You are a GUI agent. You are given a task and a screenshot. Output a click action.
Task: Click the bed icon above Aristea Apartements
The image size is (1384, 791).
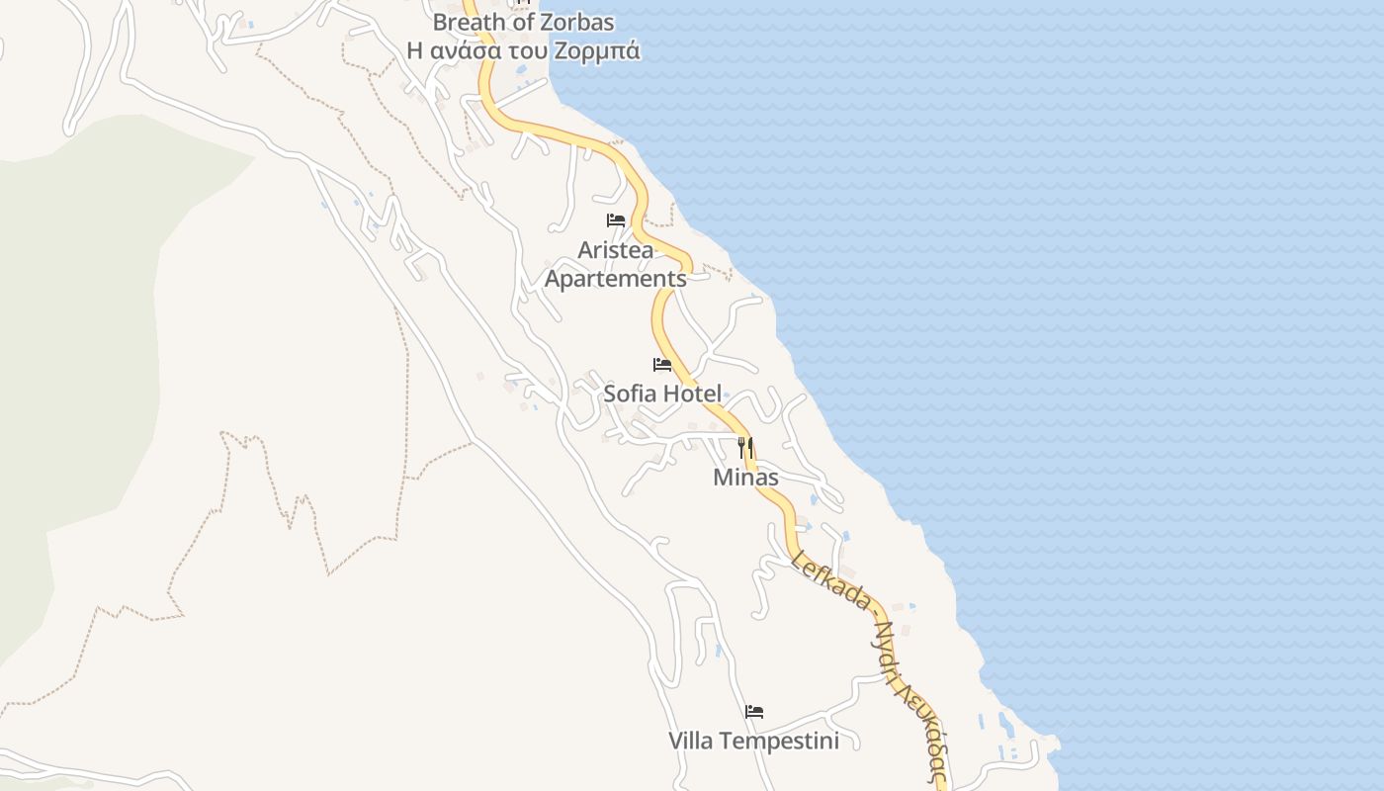tap(616, 220)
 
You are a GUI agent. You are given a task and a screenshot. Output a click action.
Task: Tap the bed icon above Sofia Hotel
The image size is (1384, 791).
tap(662, 365)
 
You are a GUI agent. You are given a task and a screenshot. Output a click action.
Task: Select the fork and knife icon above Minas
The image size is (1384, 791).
tap(745, 447)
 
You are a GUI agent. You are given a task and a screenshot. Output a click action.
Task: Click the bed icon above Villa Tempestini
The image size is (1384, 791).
tap(754, 712)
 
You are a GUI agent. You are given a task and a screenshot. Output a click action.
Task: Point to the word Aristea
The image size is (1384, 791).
tap(615, 250)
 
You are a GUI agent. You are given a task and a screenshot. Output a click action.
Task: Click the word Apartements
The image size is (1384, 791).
tap(615, 279)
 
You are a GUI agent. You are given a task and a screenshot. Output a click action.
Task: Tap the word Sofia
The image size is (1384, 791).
tap(630, 394)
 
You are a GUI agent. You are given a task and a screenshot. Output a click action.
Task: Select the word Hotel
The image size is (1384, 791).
tap(692, 394)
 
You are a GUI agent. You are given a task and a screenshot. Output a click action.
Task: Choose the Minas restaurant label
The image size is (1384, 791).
tap(745, 478)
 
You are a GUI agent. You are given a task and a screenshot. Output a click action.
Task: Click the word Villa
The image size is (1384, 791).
tap(692, 741)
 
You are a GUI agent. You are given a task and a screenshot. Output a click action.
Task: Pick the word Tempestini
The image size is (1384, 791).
tap(780, 741)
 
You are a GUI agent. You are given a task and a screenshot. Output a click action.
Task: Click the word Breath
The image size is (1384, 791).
tap(469, 22)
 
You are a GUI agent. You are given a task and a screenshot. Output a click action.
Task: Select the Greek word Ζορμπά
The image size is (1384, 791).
tap(604, 50)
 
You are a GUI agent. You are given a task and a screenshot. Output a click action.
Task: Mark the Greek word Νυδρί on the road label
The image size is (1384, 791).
tap(890, 641)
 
